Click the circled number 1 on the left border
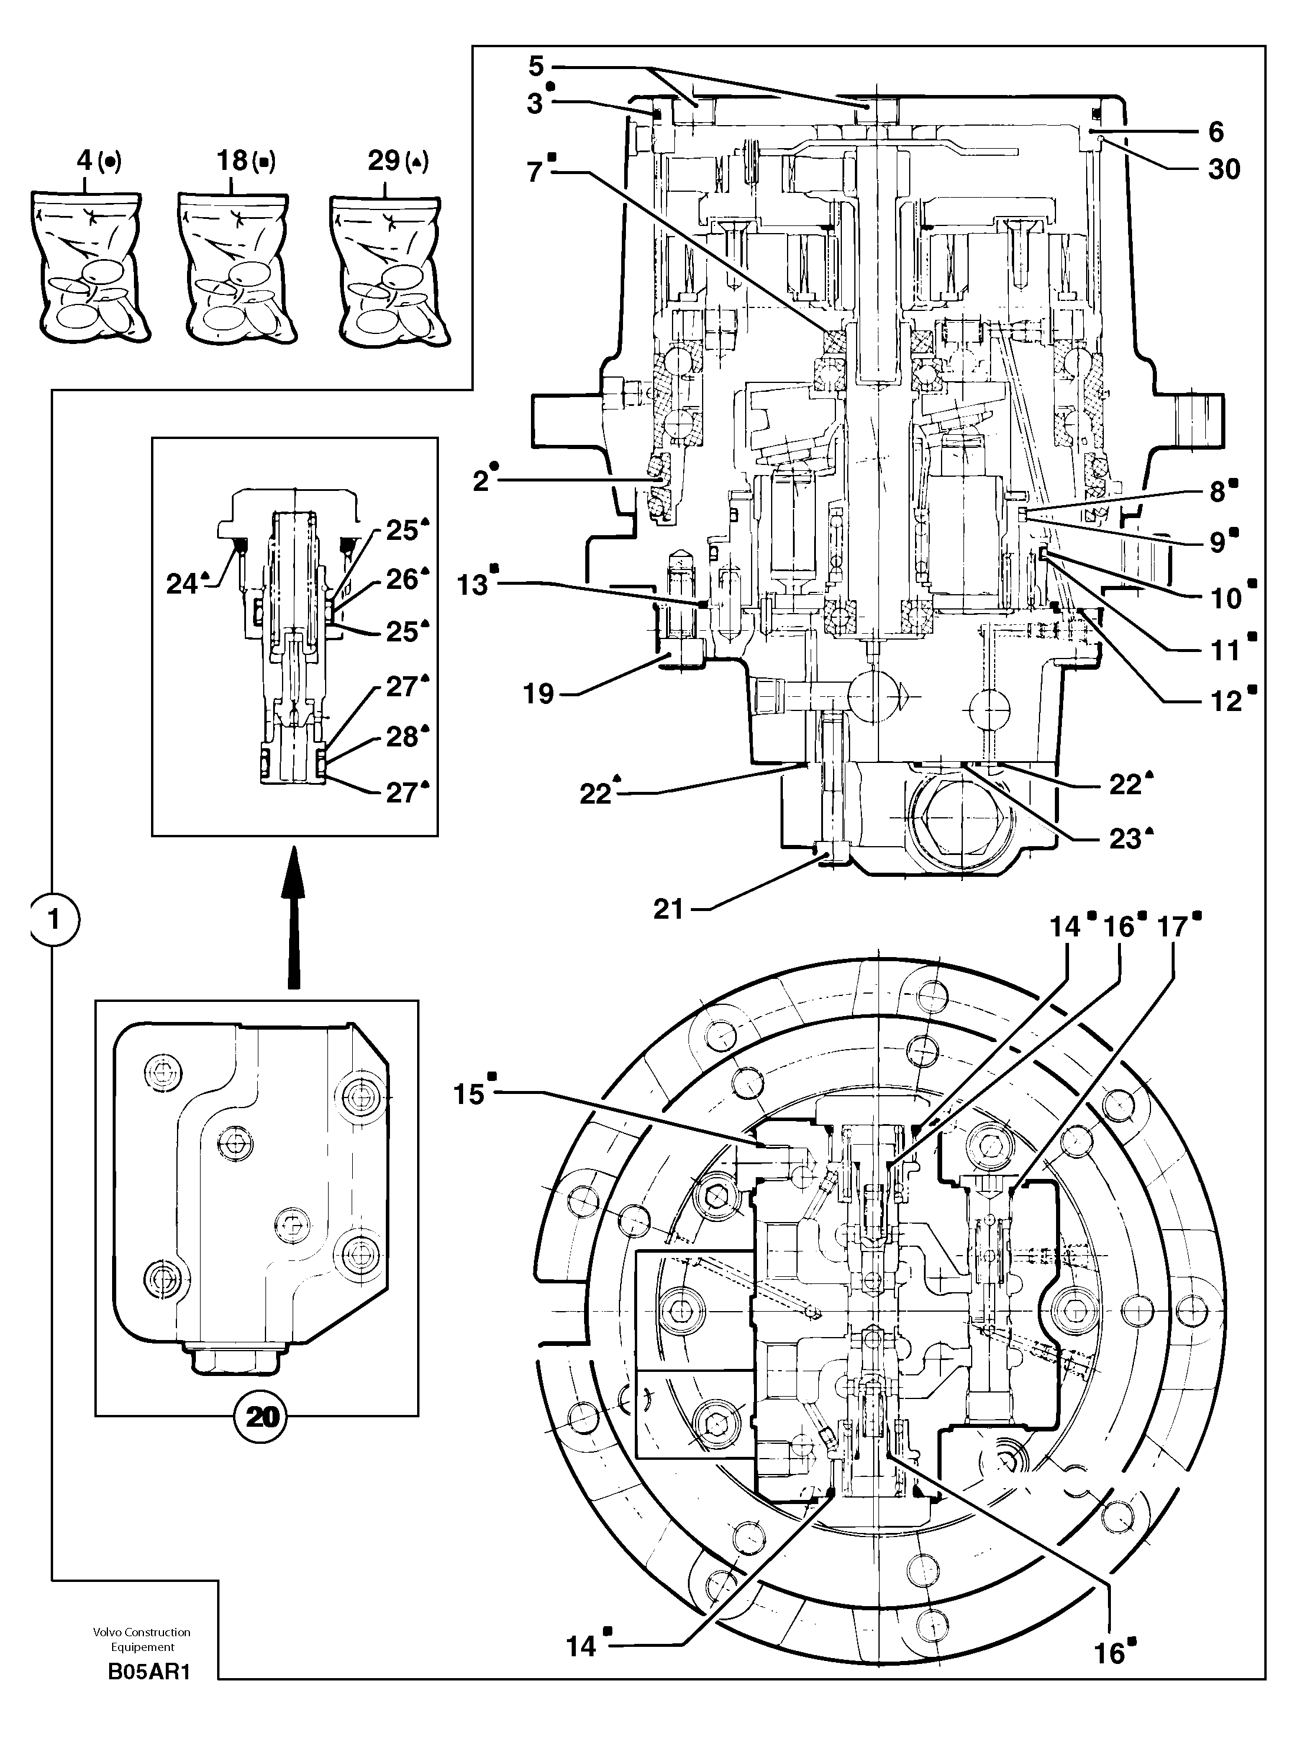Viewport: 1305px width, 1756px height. pos(54,919)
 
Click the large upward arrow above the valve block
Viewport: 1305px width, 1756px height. pos(293,916)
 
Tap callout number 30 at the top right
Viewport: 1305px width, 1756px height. pos(1224,169)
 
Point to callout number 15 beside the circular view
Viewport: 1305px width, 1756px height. pos(468,1094)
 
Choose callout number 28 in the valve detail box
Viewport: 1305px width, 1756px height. pos(401,737)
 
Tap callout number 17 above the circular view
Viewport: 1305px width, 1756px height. pos(1172,926)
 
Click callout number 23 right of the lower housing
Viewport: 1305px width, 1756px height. pos(1125,839)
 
